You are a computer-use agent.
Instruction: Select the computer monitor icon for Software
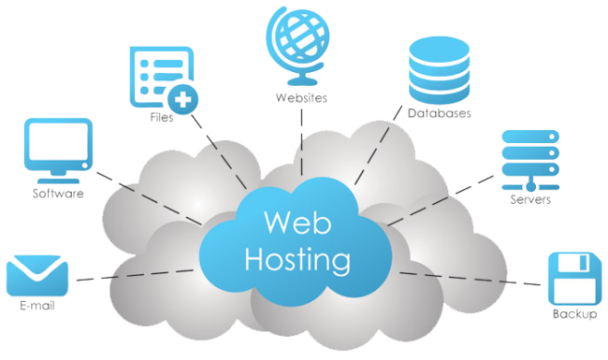coord(60,145)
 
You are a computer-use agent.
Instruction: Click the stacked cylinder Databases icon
coord(438,70)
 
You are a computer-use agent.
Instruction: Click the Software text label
coord(59,194)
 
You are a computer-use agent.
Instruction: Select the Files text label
coord(161,120)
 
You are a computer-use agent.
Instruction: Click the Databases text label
coord(439,113)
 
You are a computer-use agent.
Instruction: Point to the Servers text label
coord(529,200)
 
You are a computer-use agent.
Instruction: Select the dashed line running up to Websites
coord(300,140)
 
